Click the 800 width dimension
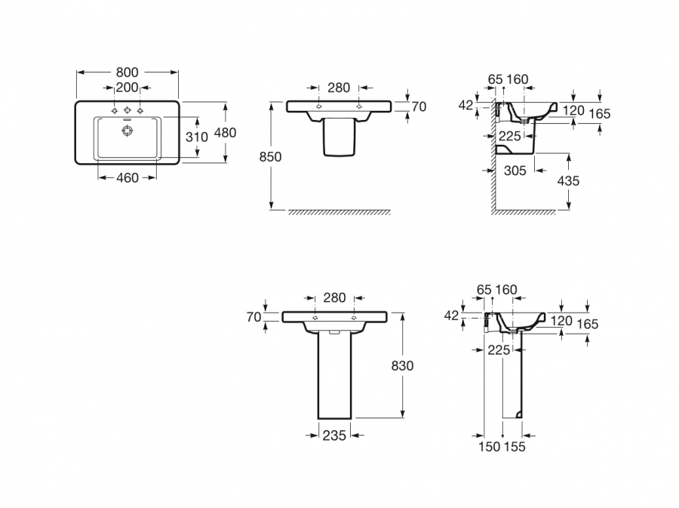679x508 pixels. tap(128, 72)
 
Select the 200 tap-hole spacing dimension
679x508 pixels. tap(127, 87)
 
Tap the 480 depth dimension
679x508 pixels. tap(226, 132)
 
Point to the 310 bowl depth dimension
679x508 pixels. tap(196, 137)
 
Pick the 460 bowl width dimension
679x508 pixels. tap(127, 178)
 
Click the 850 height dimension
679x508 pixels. tap(270, 157)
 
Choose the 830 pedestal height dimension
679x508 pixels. tap(403, 365)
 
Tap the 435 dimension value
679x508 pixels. tap(568, 181)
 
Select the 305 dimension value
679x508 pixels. tap(515, 171)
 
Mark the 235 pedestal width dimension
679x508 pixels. tap(334, 435)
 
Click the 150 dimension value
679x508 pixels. tap(490, 447)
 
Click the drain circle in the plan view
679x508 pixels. tap(128, 131)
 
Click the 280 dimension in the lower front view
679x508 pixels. tap(334, 298)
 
